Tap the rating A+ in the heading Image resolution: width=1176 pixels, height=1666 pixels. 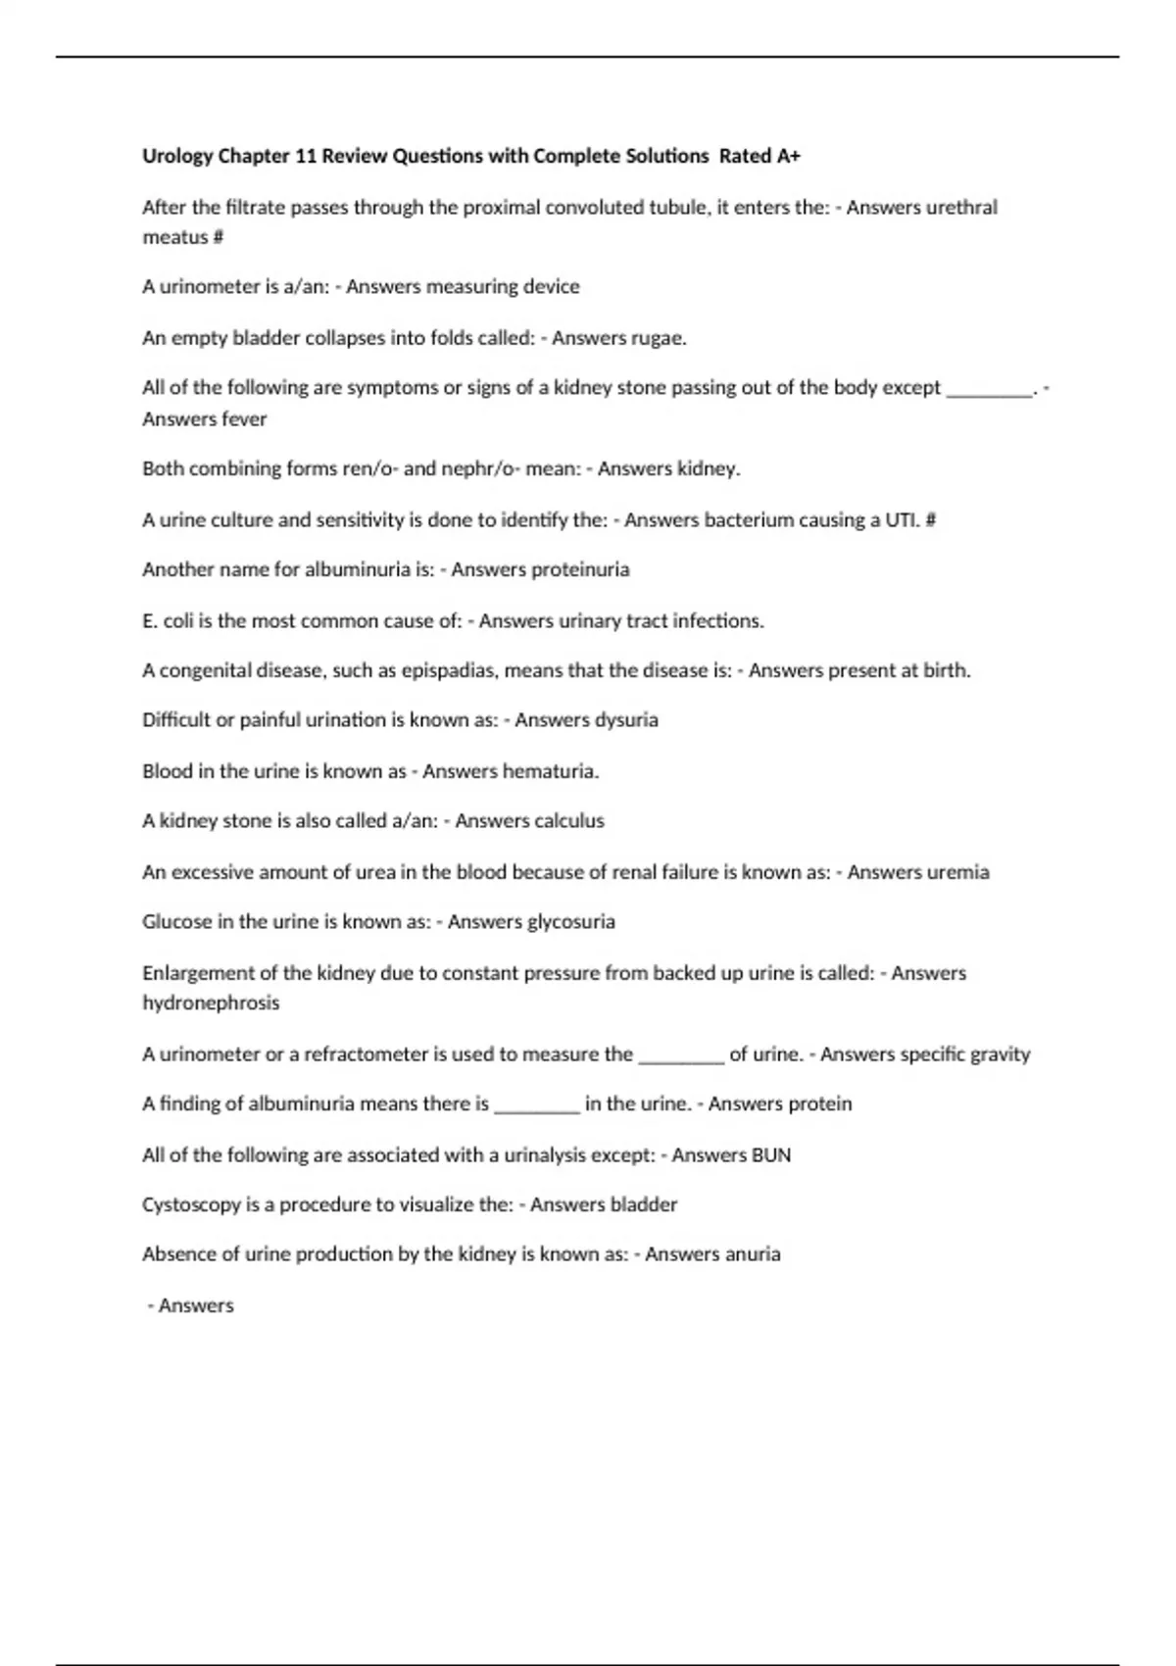(x=787, y=156)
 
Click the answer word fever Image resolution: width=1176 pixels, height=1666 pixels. (x=244, y=418)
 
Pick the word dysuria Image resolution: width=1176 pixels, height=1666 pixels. (x=626, y=720)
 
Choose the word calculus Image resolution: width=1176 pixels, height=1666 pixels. (x=566, y=821)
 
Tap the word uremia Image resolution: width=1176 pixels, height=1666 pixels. (x=956, y=872)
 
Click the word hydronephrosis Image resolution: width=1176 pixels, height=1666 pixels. (x=211, y=1003)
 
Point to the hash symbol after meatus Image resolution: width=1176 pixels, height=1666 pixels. (x=219, y=237)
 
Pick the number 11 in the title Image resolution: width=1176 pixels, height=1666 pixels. (x=306, y=156)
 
